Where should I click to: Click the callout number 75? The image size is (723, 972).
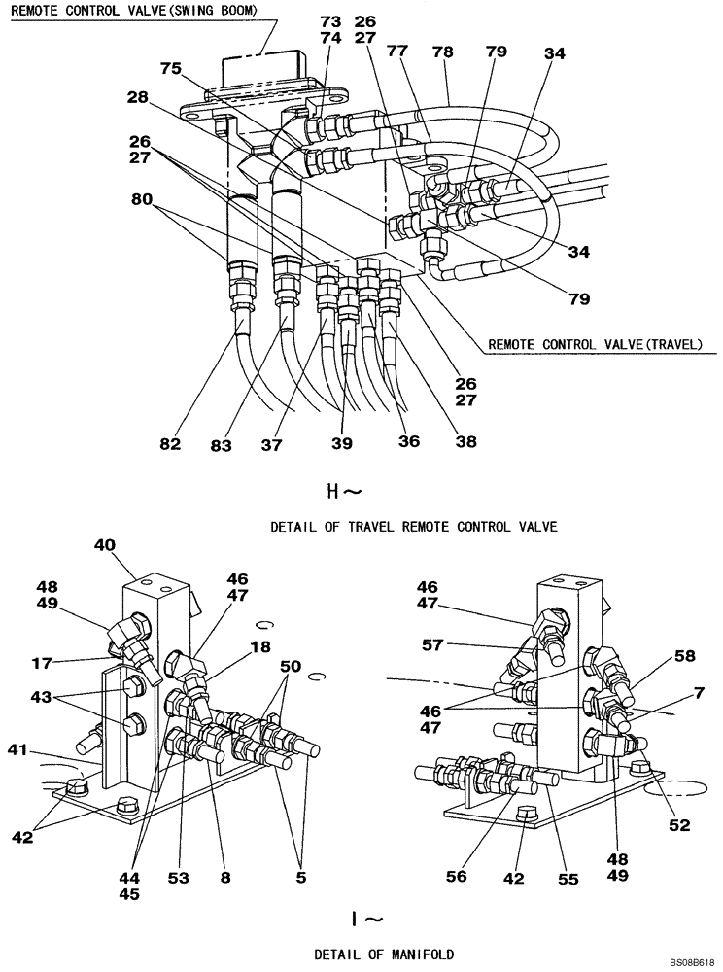pos(171,68)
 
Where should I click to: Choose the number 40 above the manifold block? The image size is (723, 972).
pos(105,545)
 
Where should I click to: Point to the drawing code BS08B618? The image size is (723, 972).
pos(691,961)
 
